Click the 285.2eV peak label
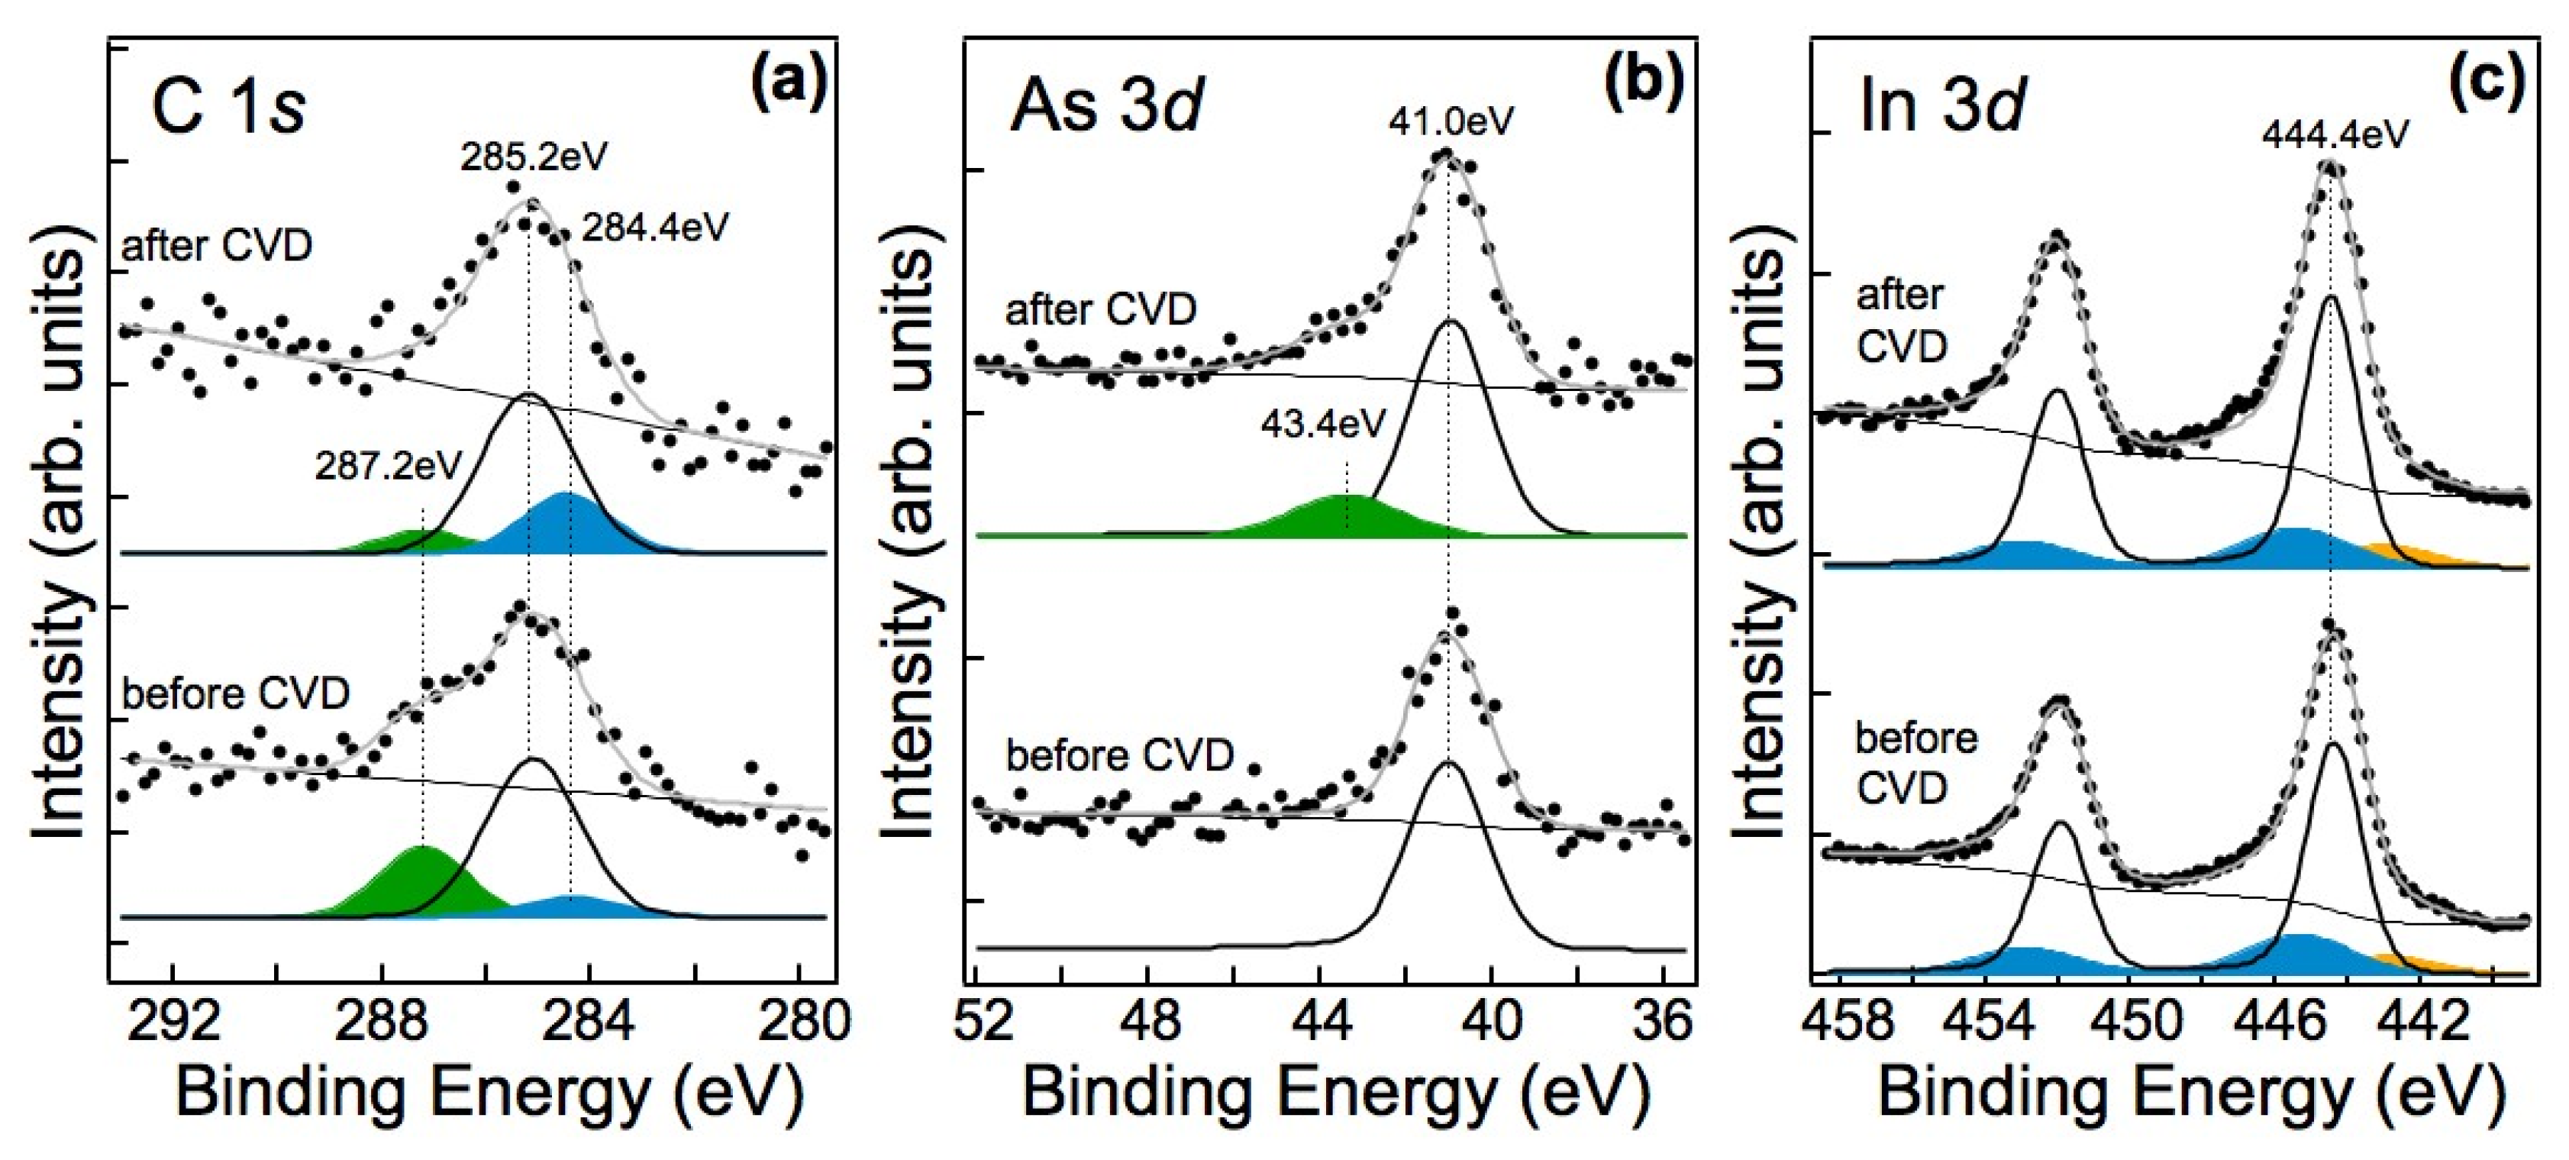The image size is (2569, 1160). pos(534,157)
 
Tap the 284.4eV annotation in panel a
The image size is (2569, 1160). pos(655,228)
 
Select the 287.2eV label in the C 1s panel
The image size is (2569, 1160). pos(389,466)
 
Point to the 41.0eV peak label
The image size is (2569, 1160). pos(1451,121)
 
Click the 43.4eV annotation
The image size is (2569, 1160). pos(1323,424)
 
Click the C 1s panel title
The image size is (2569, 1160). pos(229,107)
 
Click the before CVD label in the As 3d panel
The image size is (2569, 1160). pos(1120,755)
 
